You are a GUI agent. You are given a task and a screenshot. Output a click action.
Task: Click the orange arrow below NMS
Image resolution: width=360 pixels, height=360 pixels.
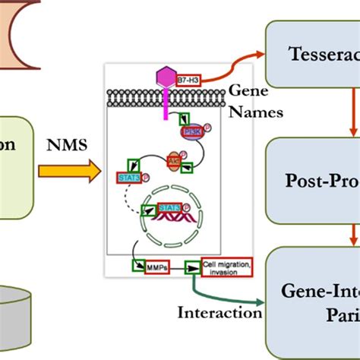coord(71,172)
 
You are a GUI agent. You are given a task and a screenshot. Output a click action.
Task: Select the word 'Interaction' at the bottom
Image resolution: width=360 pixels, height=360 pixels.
coord(219,311)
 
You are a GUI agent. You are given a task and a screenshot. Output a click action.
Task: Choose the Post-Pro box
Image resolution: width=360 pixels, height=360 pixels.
coord(312,180)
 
